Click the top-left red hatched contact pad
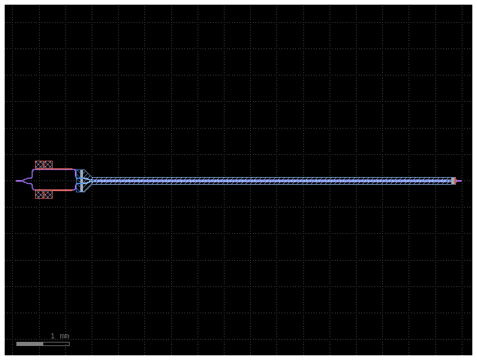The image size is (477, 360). (x=39, y=165)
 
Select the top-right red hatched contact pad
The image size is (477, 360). (x=48, y=165)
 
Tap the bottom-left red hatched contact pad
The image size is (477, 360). (x=39, y=195)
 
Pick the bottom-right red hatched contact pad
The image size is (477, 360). (x=48, y=195)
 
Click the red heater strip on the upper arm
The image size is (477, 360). (x=56, y=169)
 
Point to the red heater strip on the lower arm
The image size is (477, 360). (x=56, y=190)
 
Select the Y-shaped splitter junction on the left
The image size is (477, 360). (x=27, y=181)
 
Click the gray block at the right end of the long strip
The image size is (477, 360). (x=452, y=181)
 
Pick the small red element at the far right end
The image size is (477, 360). (x=455, y=181)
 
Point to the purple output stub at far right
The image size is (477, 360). (x=459, y=181)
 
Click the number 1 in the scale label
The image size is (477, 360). (x=53, y=336)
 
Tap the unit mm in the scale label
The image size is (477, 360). (x=64, y=336)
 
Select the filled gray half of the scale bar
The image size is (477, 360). (x=30, y=344)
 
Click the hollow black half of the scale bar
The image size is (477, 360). (x=56, y=344)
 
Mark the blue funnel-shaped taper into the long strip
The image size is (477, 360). (x=85, y=181)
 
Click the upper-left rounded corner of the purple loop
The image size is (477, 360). (x=33, y=171)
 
